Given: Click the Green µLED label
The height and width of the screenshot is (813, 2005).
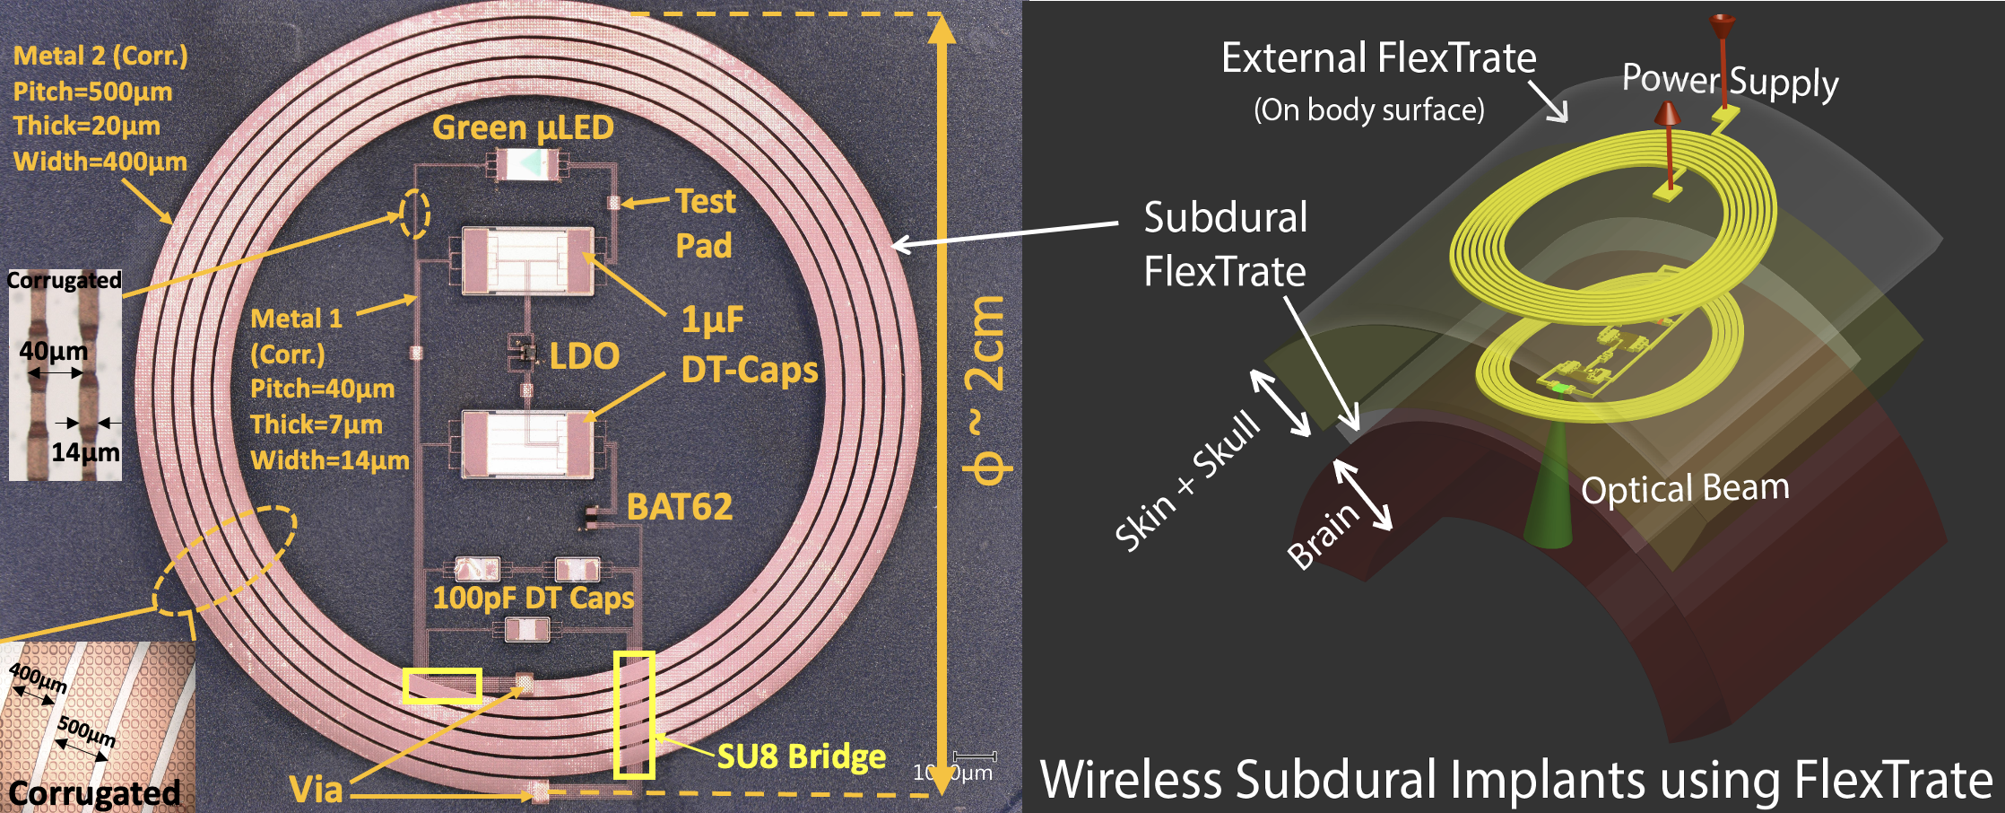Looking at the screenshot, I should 523,127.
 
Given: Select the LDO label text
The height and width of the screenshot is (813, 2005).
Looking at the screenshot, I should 584,356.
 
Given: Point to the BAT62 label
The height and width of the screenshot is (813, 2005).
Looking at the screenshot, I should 679,507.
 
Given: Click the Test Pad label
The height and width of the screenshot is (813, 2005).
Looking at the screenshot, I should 705,223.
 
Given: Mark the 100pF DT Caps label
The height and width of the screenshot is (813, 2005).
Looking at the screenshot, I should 533,599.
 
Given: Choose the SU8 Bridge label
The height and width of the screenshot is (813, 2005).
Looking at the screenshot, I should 802,756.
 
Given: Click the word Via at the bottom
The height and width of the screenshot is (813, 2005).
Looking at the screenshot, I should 316,790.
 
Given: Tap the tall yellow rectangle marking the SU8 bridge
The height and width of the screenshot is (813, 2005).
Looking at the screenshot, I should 634,714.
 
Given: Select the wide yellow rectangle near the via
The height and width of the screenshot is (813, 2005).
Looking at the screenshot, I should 442,686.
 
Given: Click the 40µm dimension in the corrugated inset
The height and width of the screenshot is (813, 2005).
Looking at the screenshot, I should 54,351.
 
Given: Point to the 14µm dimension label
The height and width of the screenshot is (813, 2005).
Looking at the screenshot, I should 85,451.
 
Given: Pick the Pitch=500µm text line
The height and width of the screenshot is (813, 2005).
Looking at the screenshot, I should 92,92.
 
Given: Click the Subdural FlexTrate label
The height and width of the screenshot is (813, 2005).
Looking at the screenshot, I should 1225,244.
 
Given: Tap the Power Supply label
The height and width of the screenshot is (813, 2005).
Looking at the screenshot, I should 1730,82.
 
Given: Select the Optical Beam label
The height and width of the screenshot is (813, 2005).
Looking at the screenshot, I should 1685,489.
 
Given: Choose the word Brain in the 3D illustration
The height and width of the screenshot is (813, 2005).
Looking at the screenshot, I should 1323,536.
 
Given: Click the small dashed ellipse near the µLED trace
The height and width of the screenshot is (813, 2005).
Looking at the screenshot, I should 414,214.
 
